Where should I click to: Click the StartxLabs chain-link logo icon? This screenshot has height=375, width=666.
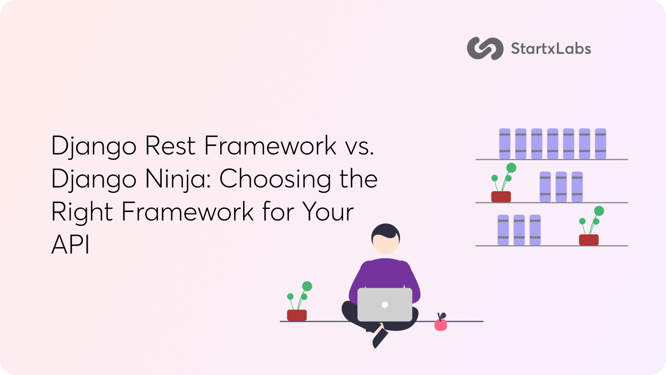pyautogui.click(x=485, y=48)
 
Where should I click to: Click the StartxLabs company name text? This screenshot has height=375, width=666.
pyautogui.click(x=551, y=49)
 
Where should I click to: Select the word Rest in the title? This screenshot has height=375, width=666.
pyautogui.click(x=170, y=146)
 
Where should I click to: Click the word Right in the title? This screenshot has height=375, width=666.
pyautogui.click(x=82, y=212)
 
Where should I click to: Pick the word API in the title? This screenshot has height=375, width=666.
pyautogui.click(x=70, y=244)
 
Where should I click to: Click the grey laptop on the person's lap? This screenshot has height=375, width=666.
pyautogui.click(x=385, y=305)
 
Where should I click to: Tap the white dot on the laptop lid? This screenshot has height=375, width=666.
pyautogui.click(x=385, y=305)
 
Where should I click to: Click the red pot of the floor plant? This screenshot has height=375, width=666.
pyautogui.click(x=297, y=315)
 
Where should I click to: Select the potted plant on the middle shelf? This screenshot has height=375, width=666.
pyautogui.click(x=503, y=183)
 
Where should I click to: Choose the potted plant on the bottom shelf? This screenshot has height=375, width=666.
pyautogui.click(x=591, y=226)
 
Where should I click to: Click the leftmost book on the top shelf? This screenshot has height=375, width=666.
pyautogui.click(x=505, y=144)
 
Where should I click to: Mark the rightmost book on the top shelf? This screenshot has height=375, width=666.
pyautogui.click(x=601, y=144)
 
